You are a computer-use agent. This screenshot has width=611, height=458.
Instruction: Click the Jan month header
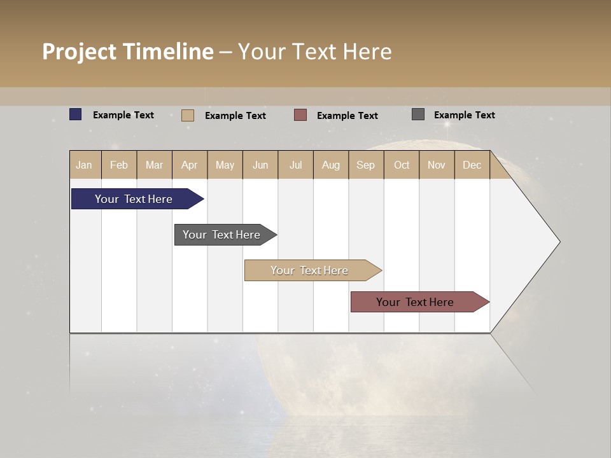[84, 165]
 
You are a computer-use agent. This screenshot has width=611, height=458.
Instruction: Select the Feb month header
[119, 165]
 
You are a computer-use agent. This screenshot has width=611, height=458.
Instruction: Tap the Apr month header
[190, 165]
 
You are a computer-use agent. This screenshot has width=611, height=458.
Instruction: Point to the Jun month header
[260, 165]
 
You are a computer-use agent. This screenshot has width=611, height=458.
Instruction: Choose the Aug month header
[331, 165]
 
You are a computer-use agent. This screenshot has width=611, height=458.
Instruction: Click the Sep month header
[366, 165]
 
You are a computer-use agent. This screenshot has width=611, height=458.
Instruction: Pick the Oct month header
[402, 165]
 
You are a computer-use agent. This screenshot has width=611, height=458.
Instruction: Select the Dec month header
[472, 165]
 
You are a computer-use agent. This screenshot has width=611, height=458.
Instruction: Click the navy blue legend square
[76, 114]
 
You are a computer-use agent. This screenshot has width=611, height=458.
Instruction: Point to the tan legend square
[188, 115]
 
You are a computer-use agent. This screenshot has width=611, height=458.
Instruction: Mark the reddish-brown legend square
[300, 114]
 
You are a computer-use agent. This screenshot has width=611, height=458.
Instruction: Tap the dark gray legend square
[418, 114]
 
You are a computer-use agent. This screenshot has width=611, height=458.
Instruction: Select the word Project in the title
[80, 52]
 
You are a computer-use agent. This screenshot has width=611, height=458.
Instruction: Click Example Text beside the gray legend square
[464, 115]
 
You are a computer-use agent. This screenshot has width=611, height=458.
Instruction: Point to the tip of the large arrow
[558, 242]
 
